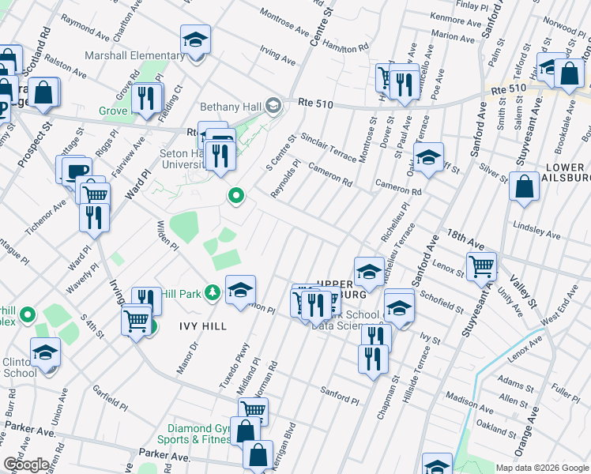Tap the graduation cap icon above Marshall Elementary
(x=195, y=39)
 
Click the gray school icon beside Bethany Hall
(x=273, y=105)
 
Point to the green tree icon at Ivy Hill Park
(x=212, y=293)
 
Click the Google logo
(x=26, y=465)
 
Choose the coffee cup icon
(x=77, y=170)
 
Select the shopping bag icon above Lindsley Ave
(x=524, y=187)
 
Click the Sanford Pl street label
(x=339, y=391)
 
